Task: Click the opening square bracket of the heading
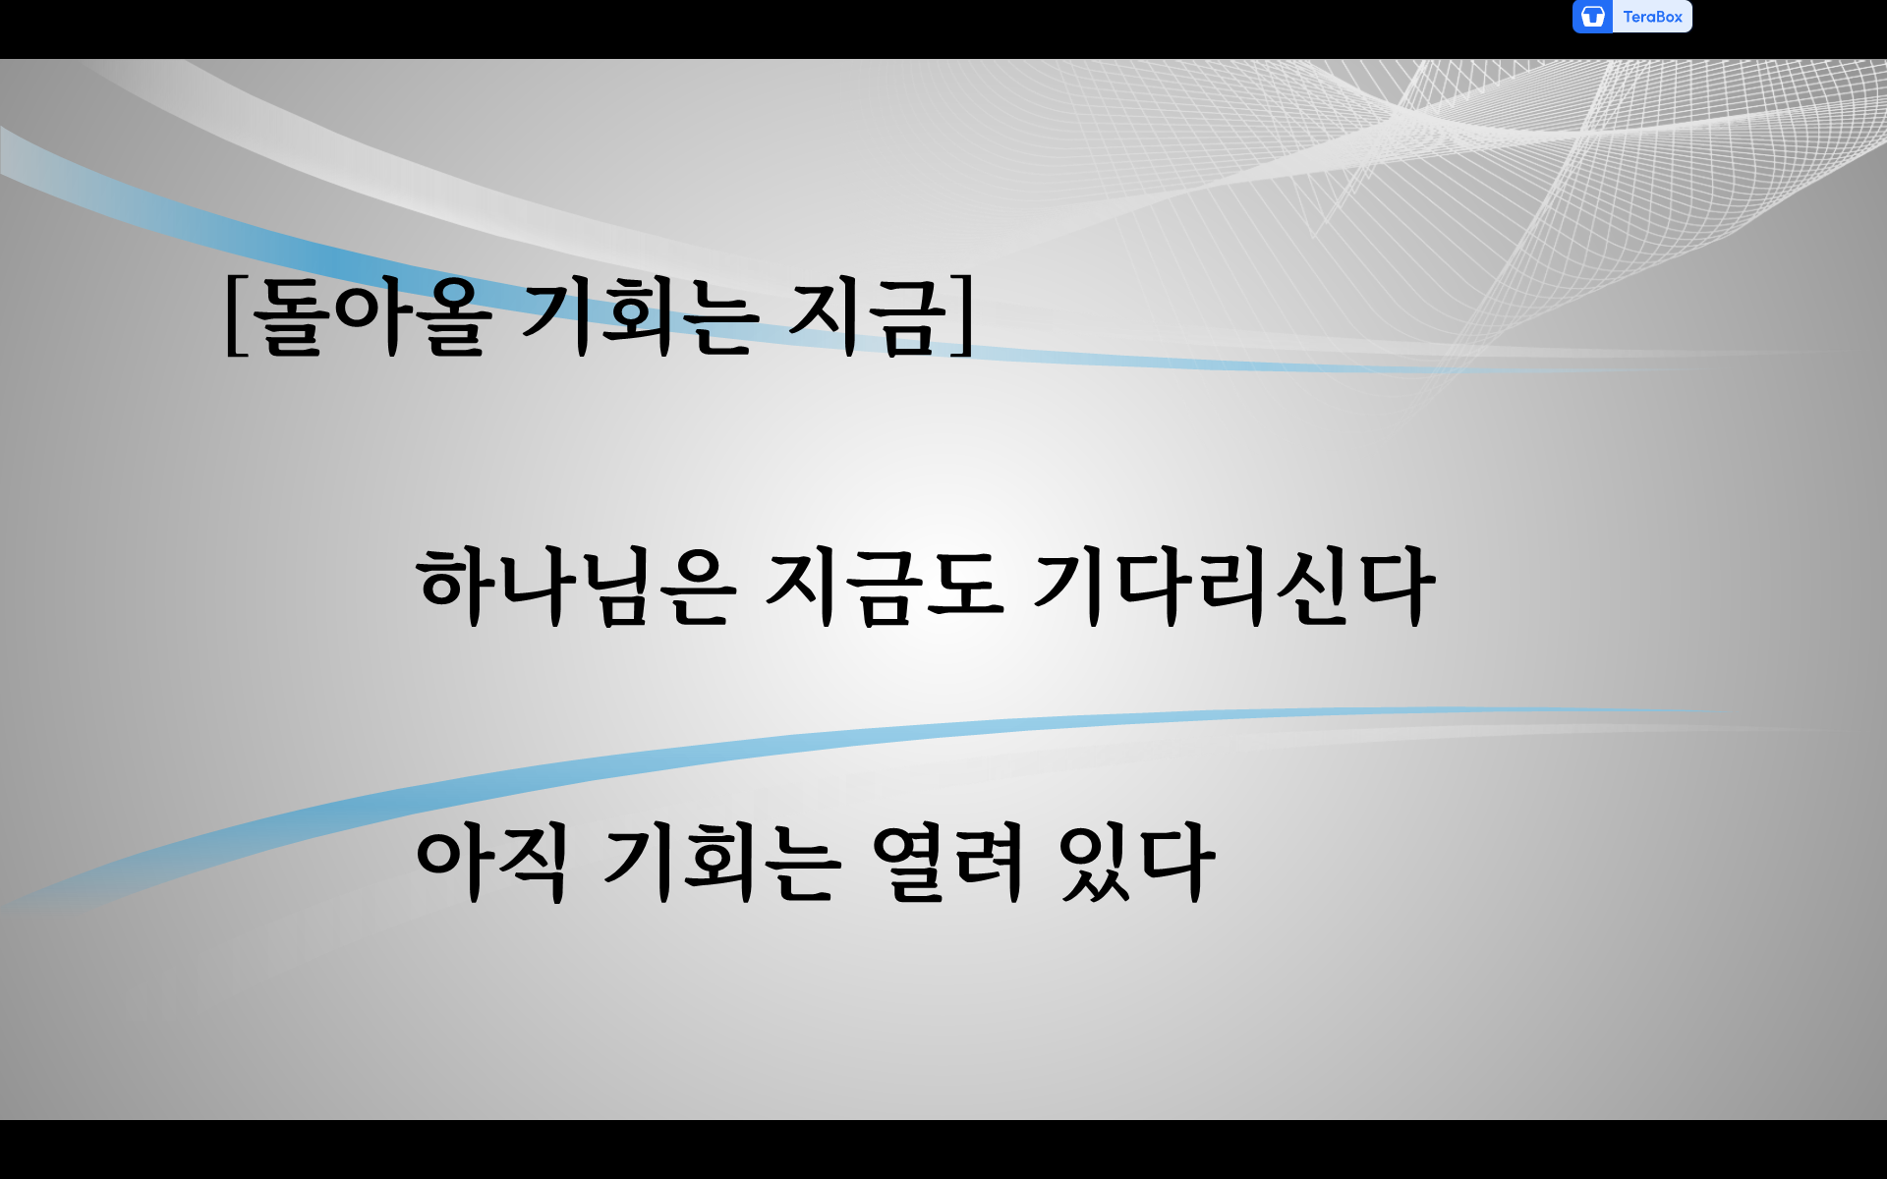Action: click(x=234, y=315)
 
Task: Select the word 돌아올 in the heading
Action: click(x=371, y=315)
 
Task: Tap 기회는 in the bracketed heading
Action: click(x=640, y=315)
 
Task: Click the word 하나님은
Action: click(x=576, y=587)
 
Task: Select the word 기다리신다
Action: click(x=1233, y=587)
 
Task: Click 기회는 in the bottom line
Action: click(x=722, y=862)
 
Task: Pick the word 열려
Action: click(x=949, y=862)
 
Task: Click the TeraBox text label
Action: click(x=1652, y=17)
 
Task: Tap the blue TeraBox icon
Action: click(x=1592, y=17)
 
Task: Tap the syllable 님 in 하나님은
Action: click(x=616, y=587)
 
